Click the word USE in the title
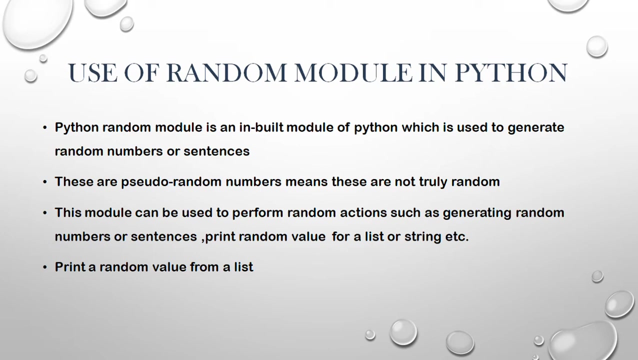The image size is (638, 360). tap(92, 72)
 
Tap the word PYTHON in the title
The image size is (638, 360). tap(511, 72)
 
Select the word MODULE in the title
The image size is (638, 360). tap(353, 72)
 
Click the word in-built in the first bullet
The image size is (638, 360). tap(261, 127)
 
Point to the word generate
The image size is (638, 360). tap(535, 128)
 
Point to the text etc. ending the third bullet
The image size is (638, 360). tap(457, 236)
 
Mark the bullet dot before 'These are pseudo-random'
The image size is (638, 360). tap(44, 181)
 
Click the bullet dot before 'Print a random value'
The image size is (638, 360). tap(44, 267)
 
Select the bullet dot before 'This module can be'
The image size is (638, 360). tap(44, 213)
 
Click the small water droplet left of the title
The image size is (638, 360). tap(31, 76)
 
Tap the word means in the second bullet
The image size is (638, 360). tap(306, 181)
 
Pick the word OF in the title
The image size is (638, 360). tap(141, 72)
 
